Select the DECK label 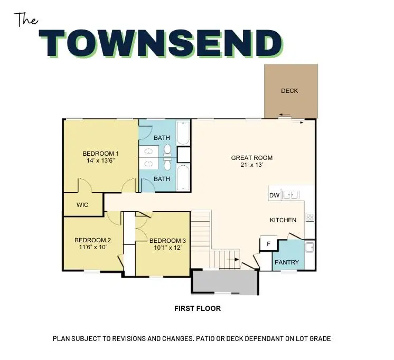coord(289,91)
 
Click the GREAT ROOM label coord(252,158)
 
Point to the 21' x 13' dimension coord(252,165)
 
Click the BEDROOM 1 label coord(100,154)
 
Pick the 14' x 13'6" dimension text coord(100,160)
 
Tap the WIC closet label coord(82,205)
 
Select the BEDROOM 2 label coord(92,239)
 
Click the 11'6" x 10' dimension coord(92,247)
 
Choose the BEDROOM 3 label coord(167,241)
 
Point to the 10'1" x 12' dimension coord(167,248)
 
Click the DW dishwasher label coord(274,196)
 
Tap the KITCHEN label coord(283,220)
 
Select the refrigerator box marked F coord(268,244)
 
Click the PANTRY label coord(287,262)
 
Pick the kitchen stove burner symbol coord(310,216)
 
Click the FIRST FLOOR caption coord(198,309)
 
